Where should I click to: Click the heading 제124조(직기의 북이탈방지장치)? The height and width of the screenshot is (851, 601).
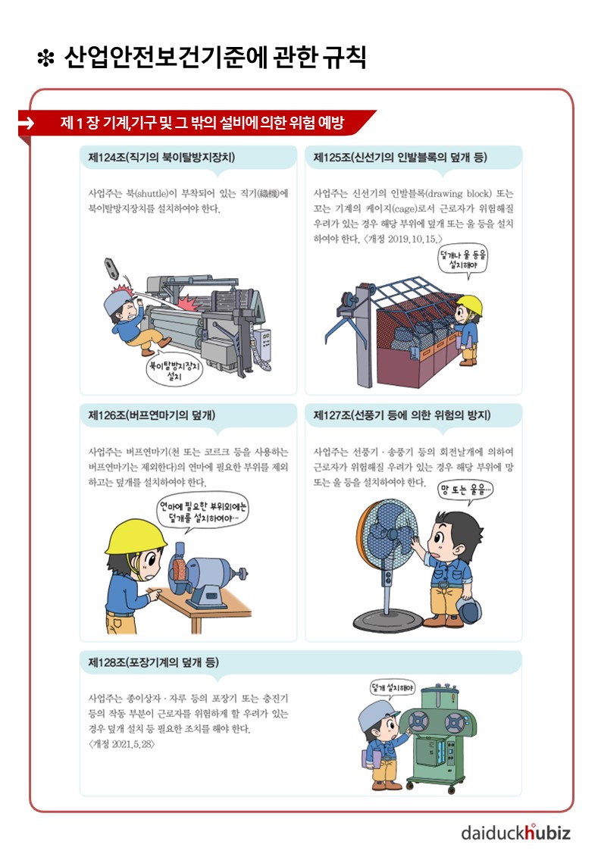click(161, 158)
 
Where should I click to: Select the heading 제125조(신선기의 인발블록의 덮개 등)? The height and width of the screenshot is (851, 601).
click(400, 158)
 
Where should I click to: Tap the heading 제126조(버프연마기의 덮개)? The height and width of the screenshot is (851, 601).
click(152, 415)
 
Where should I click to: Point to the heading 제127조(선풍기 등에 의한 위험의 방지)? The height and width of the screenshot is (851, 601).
click(402, 415)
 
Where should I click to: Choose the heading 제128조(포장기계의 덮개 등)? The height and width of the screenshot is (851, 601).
click(154, 662)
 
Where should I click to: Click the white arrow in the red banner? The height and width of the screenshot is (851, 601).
click(26, 124)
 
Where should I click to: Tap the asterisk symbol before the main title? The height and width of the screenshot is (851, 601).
click(45, 58)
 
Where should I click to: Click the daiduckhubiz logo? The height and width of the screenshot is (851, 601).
click(515, 831)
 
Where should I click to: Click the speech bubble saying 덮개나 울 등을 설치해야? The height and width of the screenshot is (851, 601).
click(463, 260)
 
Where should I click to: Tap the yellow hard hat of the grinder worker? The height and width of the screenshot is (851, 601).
click(136, 537)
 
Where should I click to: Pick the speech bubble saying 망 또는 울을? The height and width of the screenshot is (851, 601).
click(466, 490)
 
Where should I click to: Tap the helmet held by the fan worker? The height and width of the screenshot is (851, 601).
click(469, 609)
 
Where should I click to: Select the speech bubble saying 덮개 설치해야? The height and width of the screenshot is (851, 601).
click(393, 689)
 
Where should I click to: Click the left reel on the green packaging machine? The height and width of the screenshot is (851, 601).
click(418, 722)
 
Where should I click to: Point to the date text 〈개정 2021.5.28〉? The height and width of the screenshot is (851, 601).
click(121, 744)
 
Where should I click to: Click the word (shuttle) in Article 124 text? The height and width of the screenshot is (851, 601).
click(154, 193)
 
